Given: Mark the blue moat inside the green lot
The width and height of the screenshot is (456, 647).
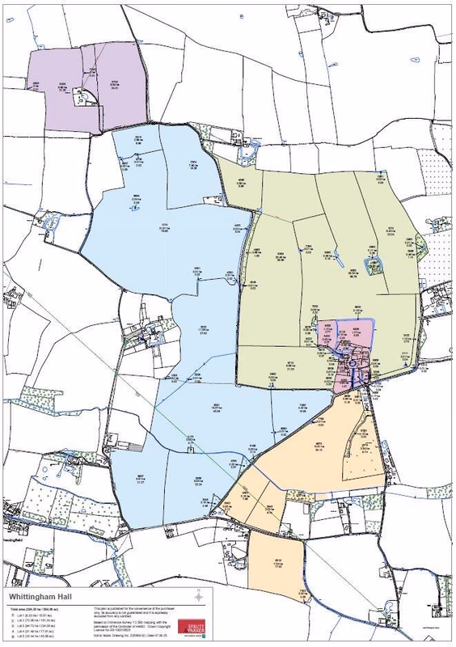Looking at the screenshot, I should tap(373, 264).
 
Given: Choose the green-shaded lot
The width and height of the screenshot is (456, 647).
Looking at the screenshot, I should tap(323, 267).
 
